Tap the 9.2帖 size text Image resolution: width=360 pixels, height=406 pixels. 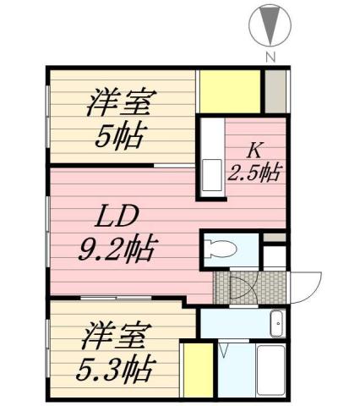click(115, 250)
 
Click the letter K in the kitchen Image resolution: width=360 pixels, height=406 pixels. click(254, 152)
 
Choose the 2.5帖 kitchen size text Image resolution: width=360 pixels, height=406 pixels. click(254, 173)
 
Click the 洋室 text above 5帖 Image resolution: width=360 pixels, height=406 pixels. click(118, 104)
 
